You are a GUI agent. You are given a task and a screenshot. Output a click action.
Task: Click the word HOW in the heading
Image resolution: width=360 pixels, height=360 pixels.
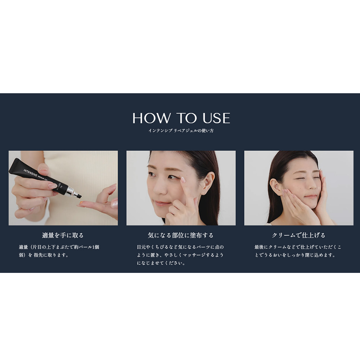tap(152, 118)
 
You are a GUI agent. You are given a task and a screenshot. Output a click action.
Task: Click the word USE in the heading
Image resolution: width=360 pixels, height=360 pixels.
tap(216, 118)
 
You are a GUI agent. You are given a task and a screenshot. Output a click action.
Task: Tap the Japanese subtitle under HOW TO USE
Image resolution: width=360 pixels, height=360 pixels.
tap(181, 131)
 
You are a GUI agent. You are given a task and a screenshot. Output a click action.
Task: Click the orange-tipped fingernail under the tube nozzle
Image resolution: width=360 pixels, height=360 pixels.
tap(81, 203)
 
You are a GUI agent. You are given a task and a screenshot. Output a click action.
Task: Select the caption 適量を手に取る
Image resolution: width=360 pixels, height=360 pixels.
tap(63, 235)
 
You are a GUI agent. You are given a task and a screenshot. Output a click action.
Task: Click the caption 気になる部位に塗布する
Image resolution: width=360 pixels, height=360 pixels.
tap(181, 235)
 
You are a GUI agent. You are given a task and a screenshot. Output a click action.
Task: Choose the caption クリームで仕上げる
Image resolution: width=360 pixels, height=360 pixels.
tap(298, 235)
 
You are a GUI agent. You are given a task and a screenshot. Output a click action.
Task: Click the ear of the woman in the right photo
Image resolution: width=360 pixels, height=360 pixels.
tap(275, 186)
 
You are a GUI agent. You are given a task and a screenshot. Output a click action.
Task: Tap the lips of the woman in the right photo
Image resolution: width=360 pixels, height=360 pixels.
tap(310, 197)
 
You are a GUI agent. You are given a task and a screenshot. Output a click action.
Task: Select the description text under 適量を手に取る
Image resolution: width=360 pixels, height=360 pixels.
tap(59, 251)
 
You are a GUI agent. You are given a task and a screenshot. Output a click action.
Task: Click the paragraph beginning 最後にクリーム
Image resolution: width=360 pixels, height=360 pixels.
tap(298, 251)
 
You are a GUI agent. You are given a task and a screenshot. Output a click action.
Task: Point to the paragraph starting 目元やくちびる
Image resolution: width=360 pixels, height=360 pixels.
tap(180, 255)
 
